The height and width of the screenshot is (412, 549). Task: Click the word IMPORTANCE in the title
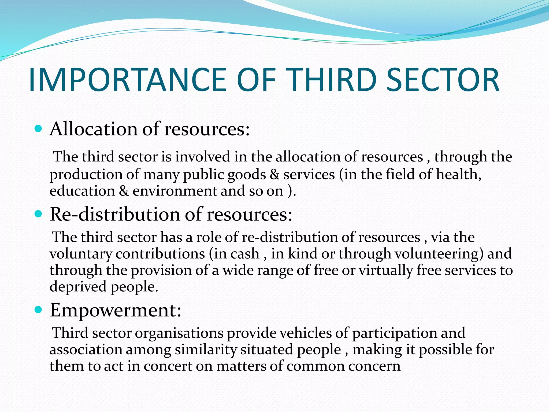[128, 80]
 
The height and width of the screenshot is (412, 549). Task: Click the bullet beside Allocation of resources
[39, 129]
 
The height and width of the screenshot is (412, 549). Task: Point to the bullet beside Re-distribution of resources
[39, 214]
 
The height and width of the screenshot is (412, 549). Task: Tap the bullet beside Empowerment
[39, 310]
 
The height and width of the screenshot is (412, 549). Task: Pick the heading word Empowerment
[113, 310]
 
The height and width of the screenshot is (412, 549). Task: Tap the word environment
[175, 191]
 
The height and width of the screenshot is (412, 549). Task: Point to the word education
[82, 191]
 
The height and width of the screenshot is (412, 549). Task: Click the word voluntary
[81, 254]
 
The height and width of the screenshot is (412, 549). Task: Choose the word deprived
[78, 287]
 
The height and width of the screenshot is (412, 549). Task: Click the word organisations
[179, 333]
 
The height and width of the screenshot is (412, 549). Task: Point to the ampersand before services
[274, 174]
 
